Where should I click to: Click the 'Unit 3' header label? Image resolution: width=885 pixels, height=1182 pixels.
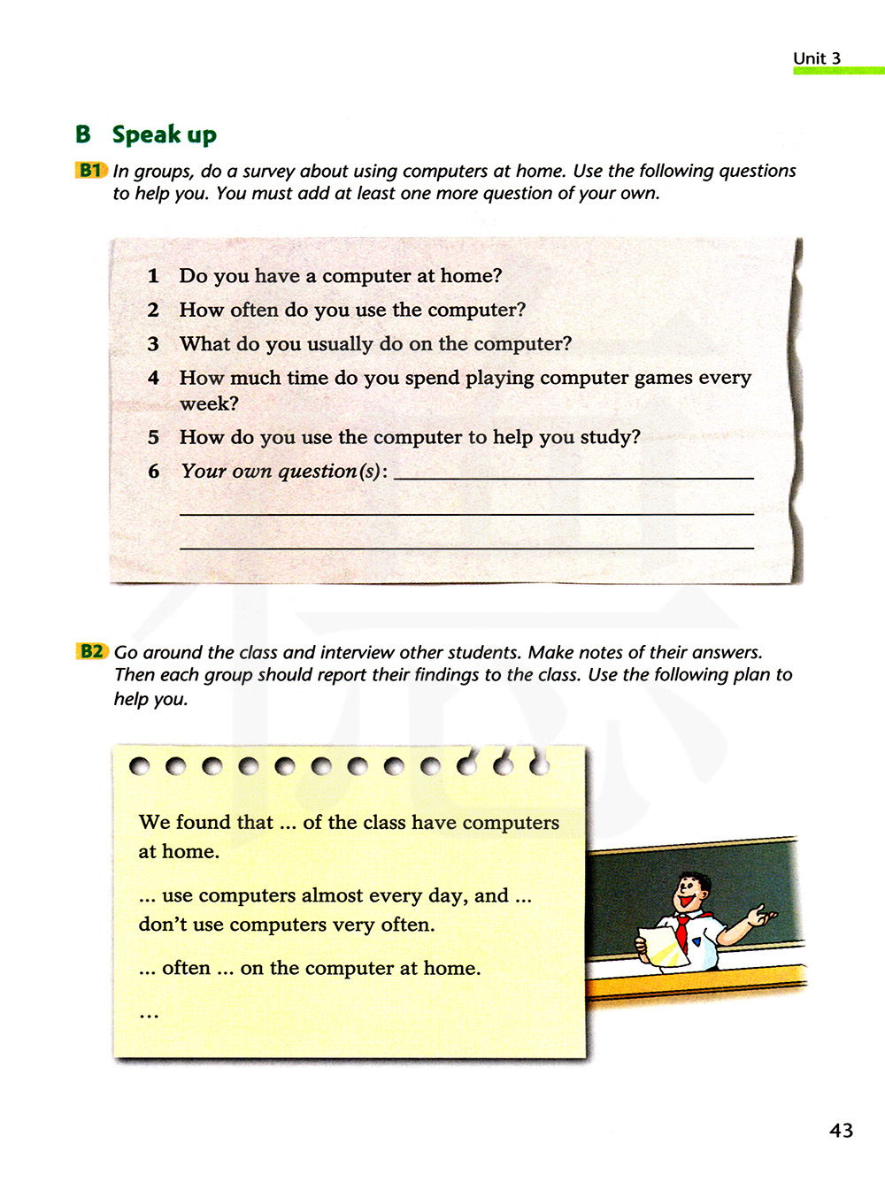click(816, 58)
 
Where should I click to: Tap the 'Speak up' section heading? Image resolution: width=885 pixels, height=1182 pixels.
click(164, 134)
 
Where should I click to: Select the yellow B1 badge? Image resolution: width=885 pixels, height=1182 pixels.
click(90, 170)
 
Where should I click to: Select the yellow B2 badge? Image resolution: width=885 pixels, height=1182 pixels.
click(91, 652)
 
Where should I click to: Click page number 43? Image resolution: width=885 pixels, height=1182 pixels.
click(841, 1130)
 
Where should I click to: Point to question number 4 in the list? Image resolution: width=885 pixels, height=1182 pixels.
click(153, 378)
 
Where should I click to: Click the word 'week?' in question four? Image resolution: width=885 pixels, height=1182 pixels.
click(209, 403)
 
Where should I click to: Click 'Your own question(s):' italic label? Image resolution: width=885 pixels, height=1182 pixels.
click(284, 472)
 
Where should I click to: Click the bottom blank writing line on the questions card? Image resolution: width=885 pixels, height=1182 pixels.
click(466, 548)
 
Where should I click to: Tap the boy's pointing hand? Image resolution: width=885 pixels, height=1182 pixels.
click(761, 916)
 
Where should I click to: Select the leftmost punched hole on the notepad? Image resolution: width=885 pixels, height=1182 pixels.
click(139, 766)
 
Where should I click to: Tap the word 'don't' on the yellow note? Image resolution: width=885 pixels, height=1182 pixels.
click(163, 925)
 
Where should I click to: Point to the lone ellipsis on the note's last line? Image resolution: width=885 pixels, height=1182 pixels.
click(149, 1014)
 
